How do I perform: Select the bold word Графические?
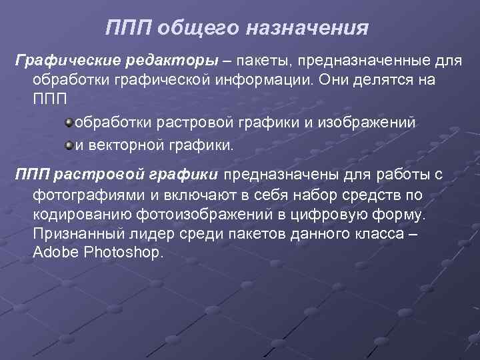pyautogui.click(x=58, y=61)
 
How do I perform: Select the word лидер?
pyautogui.click(x=145, y=235)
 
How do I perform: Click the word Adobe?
pyautogui.click(x=52, y=254)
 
